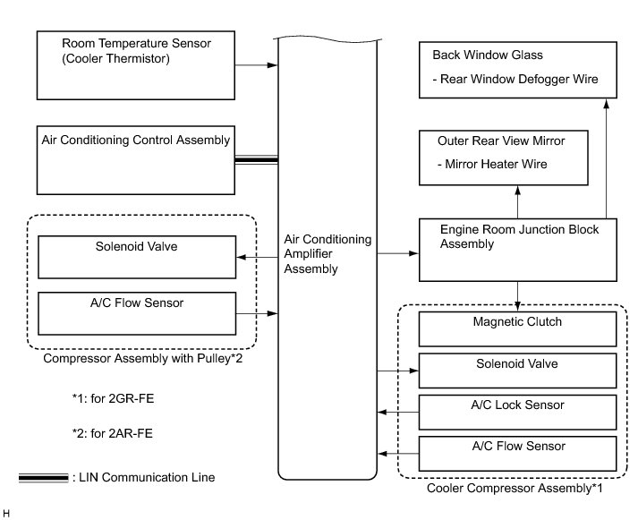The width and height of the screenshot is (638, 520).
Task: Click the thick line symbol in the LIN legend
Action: (44, 478)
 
